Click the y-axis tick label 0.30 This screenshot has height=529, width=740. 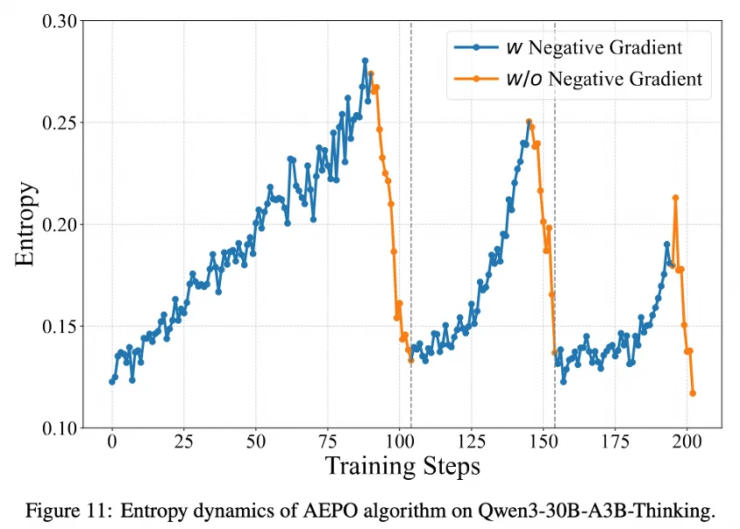pos(59,20)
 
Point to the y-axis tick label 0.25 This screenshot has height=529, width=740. pos(59,123)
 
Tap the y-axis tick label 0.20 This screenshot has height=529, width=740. pos(59,225)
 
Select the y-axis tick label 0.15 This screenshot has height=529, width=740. pos(59,327)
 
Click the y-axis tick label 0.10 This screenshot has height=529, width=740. pos(59,429)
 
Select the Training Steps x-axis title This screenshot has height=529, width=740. pos(402,465)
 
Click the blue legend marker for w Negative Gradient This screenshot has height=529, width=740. pos(475,46)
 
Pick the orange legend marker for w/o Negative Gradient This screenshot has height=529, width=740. pos(475,79)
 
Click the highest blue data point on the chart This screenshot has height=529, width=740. pos(365,60)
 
